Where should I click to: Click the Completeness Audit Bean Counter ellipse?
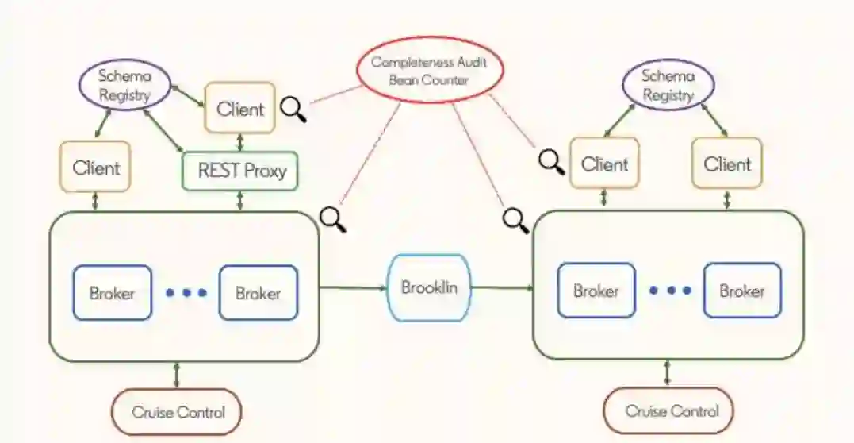click(431, 70)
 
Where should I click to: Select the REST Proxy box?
click(240, 171)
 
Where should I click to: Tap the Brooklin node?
click(428, 287)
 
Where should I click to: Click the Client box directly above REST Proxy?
click(239, 108)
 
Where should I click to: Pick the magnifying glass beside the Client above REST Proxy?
click(294, 109)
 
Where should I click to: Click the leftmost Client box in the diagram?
click(96, 168)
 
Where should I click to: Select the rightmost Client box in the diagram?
click(726, 164)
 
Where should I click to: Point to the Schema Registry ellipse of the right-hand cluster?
click(668, 85)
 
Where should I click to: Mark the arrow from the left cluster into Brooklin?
click(353, 287)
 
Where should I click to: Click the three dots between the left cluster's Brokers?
click(186, 293)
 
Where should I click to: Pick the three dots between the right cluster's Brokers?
click(669, 291)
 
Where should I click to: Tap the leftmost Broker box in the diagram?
click(112, 293)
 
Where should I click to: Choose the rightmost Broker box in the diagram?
click(741, 291)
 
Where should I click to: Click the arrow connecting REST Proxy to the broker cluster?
click(240, 201)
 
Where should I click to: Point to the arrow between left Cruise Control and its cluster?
click(176, 375)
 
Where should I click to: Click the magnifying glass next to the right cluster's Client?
click(552, 161)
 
